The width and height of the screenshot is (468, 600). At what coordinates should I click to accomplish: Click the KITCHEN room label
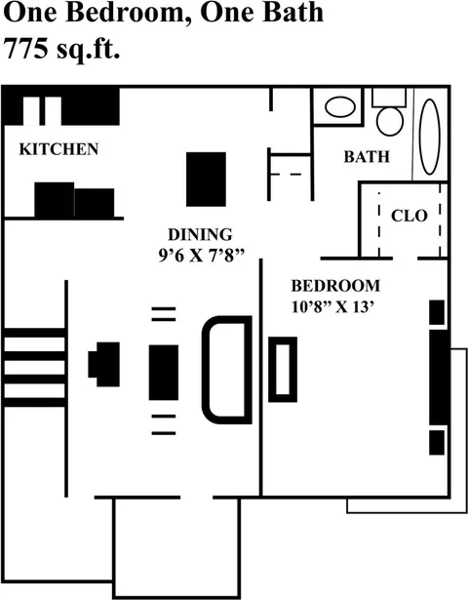(x=58, y=149)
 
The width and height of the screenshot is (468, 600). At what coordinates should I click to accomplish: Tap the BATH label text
(x=367, y=157)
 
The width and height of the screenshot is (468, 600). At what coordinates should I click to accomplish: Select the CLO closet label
(x=409, y=217)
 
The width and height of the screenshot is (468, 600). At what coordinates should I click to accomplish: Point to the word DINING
(x=200, y=234)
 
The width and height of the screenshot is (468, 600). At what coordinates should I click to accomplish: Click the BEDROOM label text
(x=335, y=286)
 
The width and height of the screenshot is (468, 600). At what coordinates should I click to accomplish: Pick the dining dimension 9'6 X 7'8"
(x=201, y=256)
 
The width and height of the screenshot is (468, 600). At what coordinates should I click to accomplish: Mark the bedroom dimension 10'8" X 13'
(x=332, y=306)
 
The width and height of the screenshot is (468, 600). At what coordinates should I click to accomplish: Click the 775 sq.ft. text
(x=61, y=49)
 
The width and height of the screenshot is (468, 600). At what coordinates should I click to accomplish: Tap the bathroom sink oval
(x=340, y=106)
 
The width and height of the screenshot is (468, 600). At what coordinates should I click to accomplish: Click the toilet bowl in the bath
(x=390, y=121)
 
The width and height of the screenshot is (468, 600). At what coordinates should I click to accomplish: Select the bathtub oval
(x=429, y=137)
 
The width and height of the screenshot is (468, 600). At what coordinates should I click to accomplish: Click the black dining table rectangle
(x=206, y=180)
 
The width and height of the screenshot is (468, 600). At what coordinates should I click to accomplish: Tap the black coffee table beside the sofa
(x=164, y=373)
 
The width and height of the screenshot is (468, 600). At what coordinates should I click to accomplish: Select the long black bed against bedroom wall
(x=438, y=377)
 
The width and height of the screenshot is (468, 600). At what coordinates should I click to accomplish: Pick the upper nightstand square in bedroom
(x=437, y=312)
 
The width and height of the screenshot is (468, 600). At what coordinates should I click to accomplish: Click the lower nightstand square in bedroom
(x=437, y=442)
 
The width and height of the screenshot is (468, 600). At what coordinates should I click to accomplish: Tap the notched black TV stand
(x=104, y=364)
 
